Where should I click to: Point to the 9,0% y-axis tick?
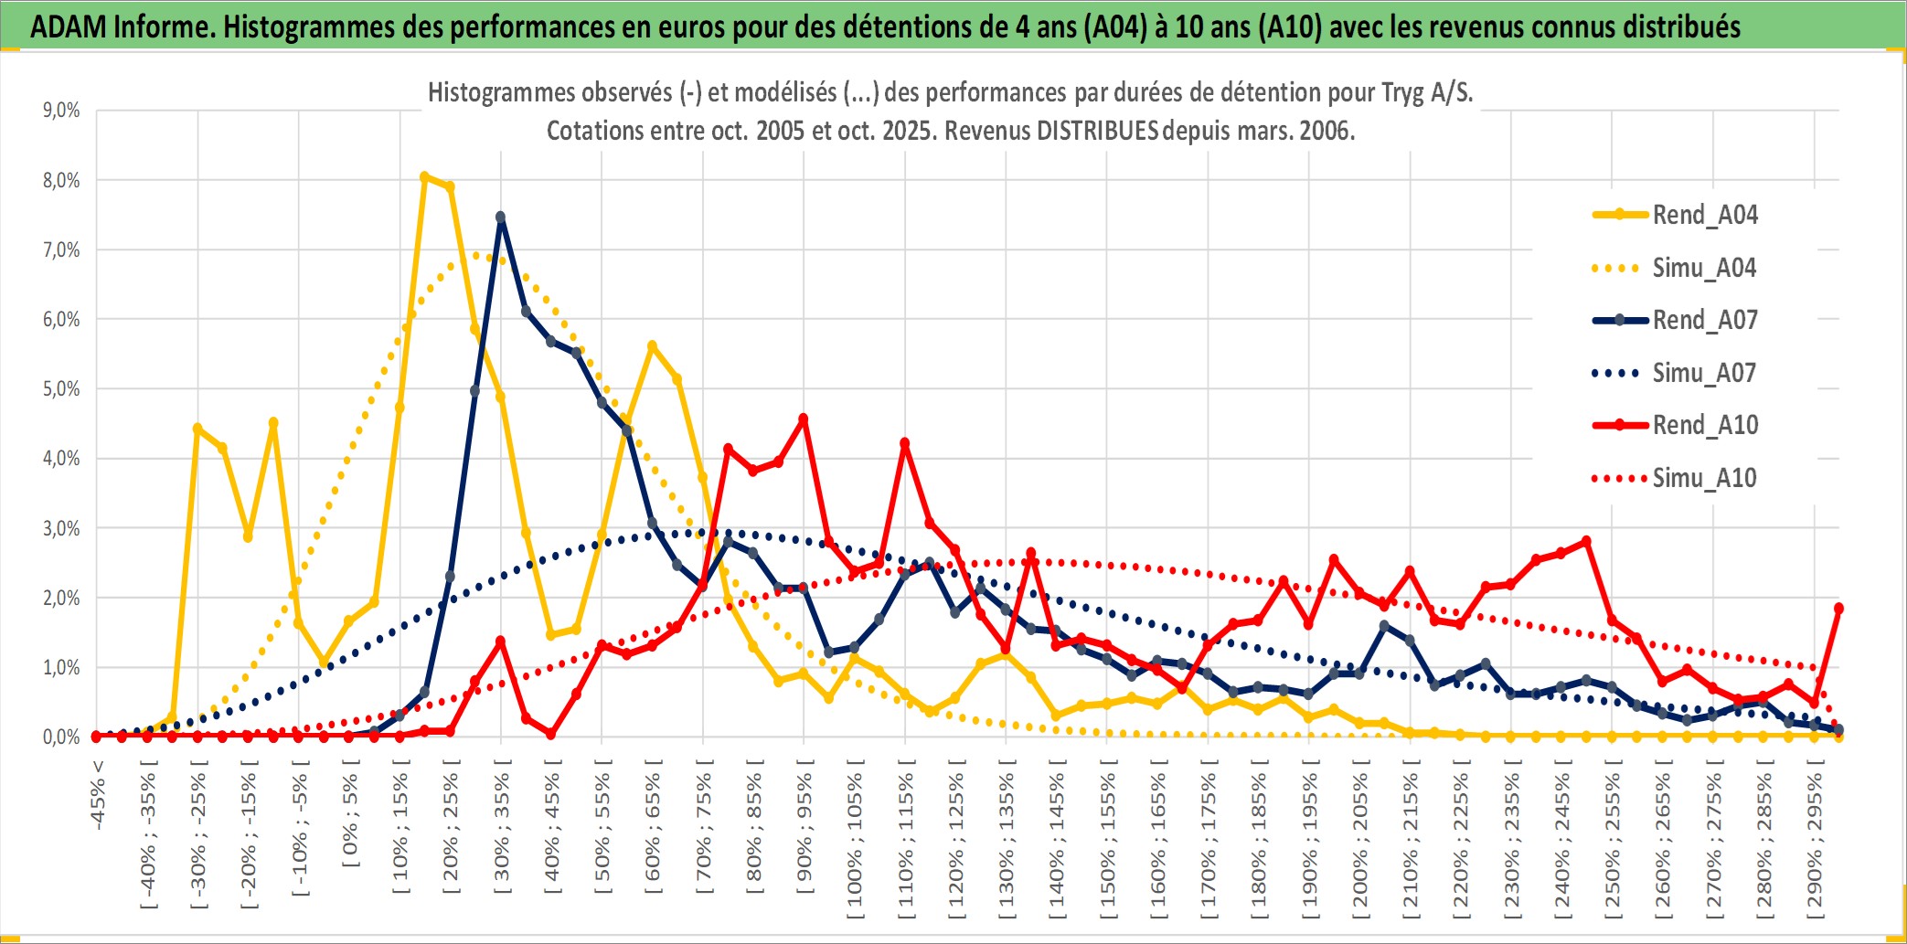click(x=61, y=111)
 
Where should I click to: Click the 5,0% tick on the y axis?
click(x=61, y=389)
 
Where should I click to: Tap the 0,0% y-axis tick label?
click(x=61, y=737)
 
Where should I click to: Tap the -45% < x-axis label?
click(x=98, y=795)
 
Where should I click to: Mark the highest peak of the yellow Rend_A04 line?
click(x=424, y=176)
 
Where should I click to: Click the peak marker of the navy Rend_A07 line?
click(x=500, y=217)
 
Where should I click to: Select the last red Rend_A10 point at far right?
click(x=1838, y=608)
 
